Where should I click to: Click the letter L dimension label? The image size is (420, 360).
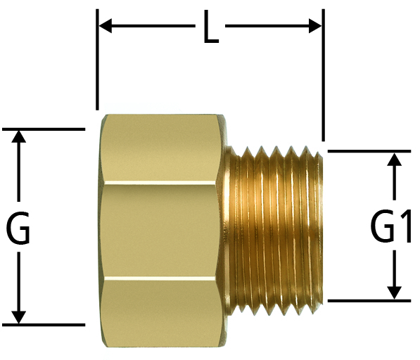211,27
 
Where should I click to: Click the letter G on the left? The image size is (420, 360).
18,228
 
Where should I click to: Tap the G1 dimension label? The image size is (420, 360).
390,226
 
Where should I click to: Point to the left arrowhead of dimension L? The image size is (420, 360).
106,26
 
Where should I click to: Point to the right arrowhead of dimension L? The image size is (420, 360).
315,26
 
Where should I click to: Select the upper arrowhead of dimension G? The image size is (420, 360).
18,136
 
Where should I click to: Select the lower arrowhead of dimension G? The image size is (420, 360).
18,317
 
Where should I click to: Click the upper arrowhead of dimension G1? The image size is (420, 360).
394,159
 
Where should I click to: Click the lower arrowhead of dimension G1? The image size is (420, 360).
394,292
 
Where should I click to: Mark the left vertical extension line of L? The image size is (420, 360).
97,60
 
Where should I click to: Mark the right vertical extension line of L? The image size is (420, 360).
324,75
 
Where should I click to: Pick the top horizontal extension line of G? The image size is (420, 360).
44,129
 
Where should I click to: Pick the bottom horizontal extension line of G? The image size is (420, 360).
44,325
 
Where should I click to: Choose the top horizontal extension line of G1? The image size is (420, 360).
369,151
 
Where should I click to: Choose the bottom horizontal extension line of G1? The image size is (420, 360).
369,301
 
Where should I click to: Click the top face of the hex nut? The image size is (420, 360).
160,148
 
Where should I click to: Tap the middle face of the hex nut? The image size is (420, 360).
160,231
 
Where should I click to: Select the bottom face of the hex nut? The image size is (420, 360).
160,313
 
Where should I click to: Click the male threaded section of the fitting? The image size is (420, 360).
273,229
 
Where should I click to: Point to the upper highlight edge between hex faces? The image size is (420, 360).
160,184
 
